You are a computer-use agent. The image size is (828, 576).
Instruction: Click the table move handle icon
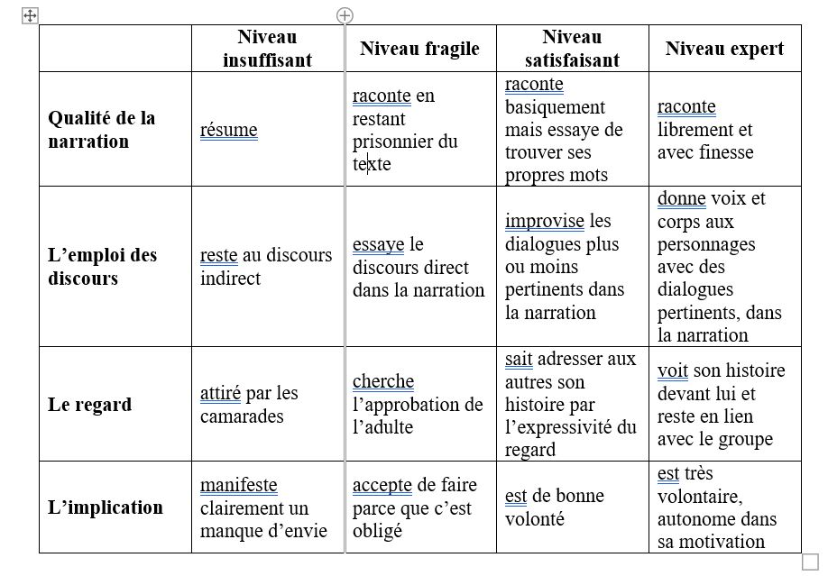(30, 15)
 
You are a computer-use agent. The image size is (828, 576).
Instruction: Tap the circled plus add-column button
(345, 14)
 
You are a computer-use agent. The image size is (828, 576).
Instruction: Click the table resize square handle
(809, 561)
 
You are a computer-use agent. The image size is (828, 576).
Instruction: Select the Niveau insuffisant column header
(267, 49)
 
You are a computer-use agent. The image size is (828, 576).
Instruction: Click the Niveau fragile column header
(419, 49)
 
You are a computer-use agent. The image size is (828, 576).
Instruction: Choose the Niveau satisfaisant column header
(572, 49)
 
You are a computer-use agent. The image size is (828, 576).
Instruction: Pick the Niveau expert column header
(724, 49)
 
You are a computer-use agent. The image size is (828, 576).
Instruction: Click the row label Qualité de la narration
(101, 130)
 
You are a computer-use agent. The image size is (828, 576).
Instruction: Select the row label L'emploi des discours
(102, 267)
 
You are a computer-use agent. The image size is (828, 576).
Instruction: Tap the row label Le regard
(89, 404)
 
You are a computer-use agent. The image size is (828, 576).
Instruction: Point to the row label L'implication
(106, 507)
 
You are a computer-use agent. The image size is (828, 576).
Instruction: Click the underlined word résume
(228, 130)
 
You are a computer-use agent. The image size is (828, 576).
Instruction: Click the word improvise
(544, 221)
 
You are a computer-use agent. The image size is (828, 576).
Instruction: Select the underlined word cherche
(383, 381)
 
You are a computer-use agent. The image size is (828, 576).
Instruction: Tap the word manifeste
(238, 485)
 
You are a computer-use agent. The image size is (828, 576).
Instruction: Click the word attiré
(220, 393)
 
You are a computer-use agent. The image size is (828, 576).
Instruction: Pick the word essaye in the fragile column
(378, 244)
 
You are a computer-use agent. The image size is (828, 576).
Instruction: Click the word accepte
(382, 485)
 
